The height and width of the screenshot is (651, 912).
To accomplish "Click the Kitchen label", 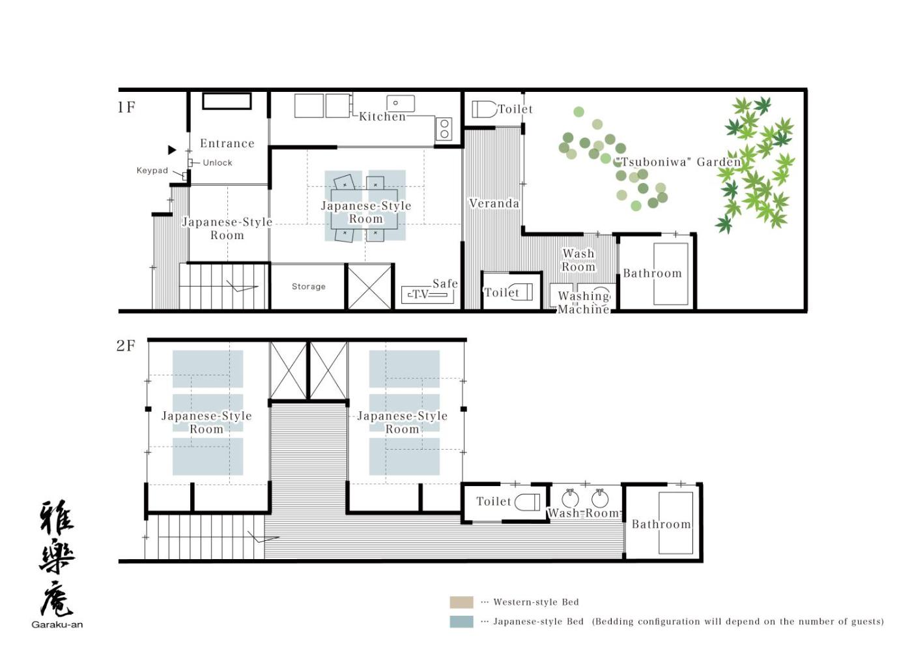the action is pyautogui.click(x=382, y=117).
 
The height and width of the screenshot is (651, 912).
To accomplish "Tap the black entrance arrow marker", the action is pyautogui.click(x=172, y=150).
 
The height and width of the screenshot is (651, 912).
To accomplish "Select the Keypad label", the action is pyautogui.click(x=152, y=170).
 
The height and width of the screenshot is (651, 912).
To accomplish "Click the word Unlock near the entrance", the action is pyautogui.click(x=218, y=162).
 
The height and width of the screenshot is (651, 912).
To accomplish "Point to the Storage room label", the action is pyautogui.click(x=309, y=286).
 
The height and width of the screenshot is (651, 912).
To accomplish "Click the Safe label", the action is pyautogui.click(x=445, y=283).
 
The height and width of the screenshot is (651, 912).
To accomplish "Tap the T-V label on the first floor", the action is pyautogui.click(x=420, y=294).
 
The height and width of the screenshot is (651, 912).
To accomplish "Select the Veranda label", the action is pyautogui.click(x=494, y=203).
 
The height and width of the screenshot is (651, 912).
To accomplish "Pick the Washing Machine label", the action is pyautogui.click(x=584, y=302).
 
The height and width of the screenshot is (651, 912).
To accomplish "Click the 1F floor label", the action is pyautogui.click(x=126, y=107).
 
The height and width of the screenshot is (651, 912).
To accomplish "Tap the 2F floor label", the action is pyautogui.click(x=125, y=345).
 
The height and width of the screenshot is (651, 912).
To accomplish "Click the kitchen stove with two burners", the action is pyautogui.click(x=444, y=129).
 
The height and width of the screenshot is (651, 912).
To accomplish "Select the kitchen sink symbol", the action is pyautogui.click(x=401, y=104).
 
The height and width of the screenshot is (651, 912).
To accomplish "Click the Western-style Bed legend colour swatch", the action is pyautogui.click(x=461, y=602).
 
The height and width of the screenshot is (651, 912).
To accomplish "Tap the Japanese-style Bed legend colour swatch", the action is pyautogui.click(x=461, y=622).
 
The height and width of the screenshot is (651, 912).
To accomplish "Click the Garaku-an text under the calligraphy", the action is pyautogui.click(x=57, y=624).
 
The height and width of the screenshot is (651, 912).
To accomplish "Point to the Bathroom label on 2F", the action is pyautogui.click(x=661, y=524).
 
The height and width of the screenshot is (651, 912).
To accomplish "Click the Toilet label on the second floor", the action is pyautogui.click(x=494, y=501).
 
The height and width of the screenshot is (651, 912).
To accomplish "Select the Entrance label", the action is pyautogui.click(x=227, y=143).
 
